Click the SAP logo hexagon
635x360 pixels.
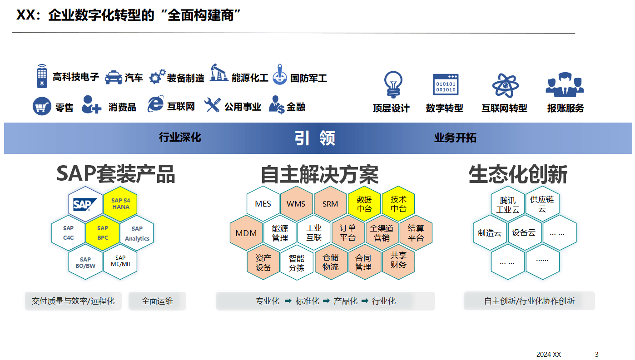(85, 204)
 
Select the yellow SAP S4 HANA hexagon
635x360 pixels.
(120, 204)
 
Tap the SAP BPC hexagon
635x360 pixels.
(103, 233)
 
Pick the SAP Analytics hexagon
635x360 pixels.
(137, 233)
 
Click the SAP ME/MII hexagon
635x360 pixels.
(120, 261)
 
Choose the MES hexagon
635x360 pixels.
(263, 204)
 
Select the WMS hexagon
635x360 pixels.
(296, 204)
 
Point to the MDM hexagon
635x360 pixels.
(246, 233)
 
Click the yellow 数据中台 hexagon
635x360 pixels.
(364, 204)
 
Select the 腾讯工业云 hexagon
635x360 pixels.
(508, 205)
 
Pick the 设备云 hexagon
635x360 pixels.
(524, 233)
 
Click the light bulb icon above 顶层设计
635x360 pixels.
(392, 84)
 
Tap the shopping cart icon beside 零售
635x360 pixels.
(42, 107)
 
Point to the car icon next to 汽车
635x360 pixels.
(114, 78)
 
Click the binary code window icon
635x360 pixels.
(446, 84)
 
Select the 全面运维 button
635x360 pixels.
(157, 301)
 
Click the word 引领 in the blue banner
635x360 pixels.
(315, 138)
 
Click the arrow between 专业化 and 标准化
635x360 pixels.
(288, 301)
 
